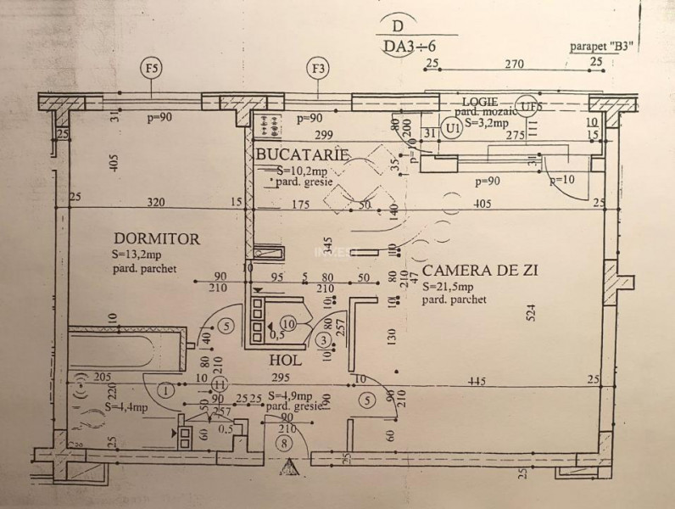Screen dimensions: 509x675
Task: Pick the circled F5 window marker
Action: (153, 69)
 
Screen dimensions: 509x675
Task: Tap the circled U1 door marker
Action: (454, 128)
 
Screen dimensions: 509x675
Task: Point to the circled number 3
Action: (322, 340)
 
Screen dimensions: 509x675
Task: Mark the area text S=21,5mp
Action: (449, 287)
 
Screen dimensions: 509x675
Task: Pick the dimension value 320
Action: (154, 203)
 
